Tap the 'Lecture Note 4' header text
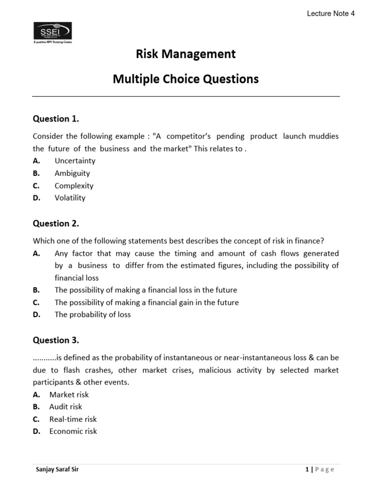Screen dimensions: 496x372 click(331, 14)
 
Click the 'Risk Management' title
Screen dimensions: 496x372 click(186, 54)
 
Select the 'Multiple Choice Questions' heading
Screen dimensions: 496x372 click(186, 79)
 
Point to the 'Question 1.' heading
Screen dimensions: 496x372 click(56, 119)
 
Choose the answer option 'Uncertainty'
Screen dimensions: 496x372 click(75, 161)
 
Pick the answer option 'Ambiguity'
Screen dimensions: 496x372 click(72, 173)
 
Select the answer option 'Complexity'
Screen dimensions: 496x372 click(74, 186)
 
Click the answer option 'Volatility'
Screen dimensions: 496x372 click(70, 198)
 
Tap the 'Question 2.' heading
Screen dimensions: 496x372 click(56, 223)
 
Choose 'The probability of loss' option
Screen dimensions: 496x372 click(93, 314)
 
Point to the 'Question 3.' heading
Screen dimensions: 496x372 click(56, 340)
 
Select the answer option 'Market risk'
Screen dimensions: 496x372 click(69, 395)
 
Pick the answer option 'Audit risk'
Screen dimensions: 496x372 click(66, 407)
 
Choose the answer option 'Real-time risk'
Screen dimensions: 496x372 click(73, 419)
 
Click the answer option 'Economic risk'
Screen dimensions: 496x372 click(73, 431)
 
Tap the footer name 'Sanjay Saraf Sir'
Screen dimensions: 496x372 click(58, 469)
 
